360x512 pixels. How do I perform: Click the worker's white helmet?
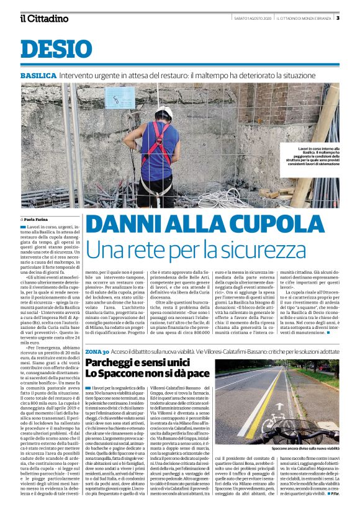coord(163,113)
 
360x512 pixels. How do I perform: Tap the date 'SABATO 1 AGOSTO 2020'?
coord(253,17)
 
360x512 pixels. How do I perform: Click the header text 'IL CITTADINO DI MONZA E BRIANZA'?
coord(304,17)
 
